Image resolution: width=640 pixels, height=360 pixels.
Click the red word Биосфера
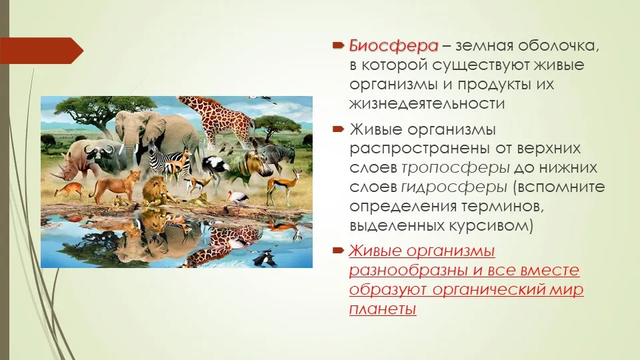click(x=393, y=46)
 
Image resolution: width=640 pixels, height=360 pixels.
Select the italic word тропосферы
click(x=455, y=168)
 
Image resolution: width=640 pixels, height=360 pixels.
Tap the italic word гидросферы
click(x=454, y=187)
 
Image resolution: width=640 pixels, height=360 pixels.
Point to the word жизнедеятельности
click(x=427, y=104)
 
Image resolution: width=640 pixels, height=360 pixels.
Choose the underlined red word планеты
click(x=383, y=309)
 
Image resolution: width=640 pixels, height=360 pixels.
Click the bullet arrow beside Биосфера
click(x=339, y=45)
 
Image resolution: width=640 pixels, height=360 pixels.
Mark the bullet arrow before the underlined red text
click(x=339, y=250)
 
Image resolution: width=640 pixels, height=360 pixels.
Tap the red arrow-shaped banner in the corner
click(x=41, y=51)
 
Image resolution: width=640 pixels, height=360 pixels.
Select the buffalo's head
click(x=100, y=157)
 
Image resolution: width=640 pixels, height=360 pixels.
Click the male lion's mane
click(x=154, y=189)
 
